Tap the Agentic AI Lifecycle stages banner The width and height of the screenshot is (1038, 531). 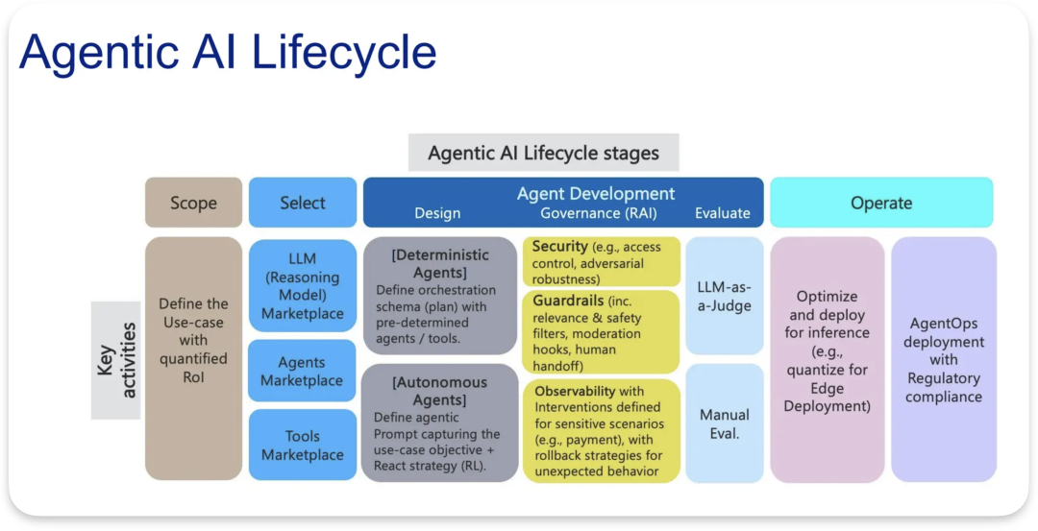pyautogui.click(x=543, y=153)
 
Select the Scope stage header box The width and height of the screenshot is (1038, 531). pyautogui.click(x=193, y=203)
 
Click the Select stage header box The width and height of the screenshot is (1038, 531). pyautogui.click(x=303, y=203)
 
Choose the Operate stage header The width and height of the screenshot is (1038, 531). pyautogui.click(x=881, y=203)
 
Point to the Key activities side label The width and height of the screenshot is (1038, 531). pyautogui.click(x=115, y=360)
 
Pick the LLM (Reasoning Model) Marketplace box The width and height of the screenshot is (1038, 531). pyautogui.click(x=303, y=286)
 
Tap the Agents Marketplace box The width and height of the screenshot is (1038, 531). pyautogui.click(x=303, y=372)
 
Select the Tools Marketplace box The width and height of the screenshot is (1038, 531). pyautogui.click(x=303, y=446)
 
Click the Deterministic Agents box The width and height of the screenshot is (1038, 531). pyautogui.click(x=440, y=296)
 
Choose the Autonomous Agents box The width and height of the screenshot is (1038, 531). pyautogui.click(x=440, y=422)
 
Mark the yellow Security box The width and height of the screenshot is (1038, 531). pyautogui.click(x=601, y=262)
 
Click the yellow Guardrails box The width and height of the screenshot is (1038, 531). pyautogui.click(x=601, y=332)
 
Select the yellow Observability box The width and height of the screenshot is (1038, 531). pyautogui.click(x=601, y=431)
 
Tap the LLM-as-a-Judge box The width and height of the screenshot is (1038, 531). pyautogui.click(x=725, y=297)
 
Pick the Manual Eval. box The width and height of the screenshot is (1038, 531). pyautogui.click(x=725, y=424)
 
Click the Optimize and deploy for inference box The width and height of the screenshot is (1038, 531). pyautogui.click(x=827, y=359)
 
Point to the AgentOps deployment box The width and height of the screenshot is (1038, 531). pyautogui.click(x=944, y=359)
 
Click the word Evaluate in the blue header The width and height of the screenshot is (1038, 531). pyautogui.click(x=723, y=213)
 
